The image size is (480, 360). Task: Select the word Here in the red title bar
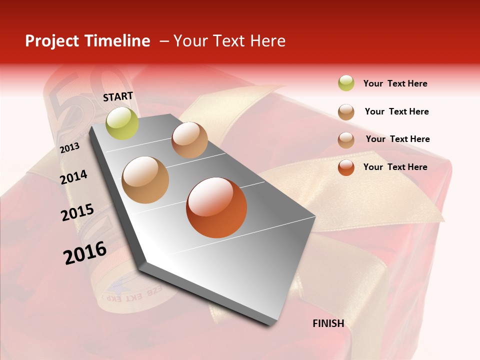(x=267, y=41)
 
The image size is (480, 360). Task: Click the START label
(x=118, y=96)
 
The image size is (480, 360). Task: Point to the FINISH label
(x=328, y=323)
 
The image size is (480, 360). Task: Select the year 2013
(x=69, y=148)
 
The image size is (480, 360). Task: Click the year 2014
(x=74, y=177)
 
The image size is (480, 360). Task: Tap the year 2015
(x=77, y=212)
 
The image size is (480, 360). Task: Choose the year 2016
(x=85, y=252)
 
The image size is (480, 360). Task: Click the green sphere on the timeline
(x=122, y=123)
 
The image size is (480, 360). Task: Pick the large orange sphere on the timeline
(x=216, y=207)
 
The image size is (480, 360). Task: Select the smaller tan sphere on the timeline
(x=189, y=140)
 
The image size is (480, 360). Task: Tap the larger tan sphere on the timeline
(x=145, y=179)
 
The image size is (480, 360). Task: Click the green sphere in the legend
(x=346, y=83)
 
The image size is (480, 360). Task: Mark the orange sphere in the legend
(x=346, y=167)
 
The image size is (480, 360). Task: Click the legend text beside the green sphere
(x=395, y=83)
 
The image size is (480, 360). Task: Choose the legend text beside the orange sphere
(x=395, y=167)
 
